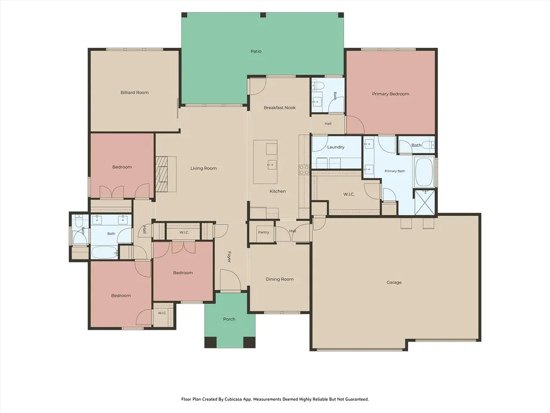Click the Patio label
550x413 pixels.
click(256, 51)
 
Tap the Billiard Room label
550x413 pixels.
click(134, 92)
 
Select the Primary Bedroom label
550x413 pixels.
click(390, 94)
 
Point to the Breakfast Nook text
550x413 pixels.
click(279, 108)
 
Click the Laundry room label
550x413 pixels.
click(336, 147)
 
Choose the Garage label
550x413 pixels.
click(394, 282)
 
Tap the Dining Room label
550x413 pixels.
click(279, 279)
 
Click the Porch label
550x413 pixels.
click(229, 319)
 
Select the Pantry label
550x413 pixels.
click(263, 232)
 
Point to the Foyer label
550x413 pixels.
click(229, 257)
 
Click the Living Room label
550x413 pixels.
click(204, 168)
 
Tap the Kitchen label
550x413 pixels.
click(278, 191)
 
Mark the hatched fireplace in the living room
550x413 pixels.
click(166, 174)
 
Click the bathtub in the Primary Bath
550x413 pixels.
click(424, 172)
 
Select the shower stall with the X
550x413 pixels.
click(425, 202)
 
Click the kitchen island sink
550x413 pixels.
click(272, 165)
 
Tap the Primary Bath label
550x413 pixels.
click(395, 171)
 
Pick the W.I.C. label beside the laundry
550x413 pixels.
click(349, 194)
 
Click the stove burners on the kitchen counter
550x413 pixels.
click(304, 170)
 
